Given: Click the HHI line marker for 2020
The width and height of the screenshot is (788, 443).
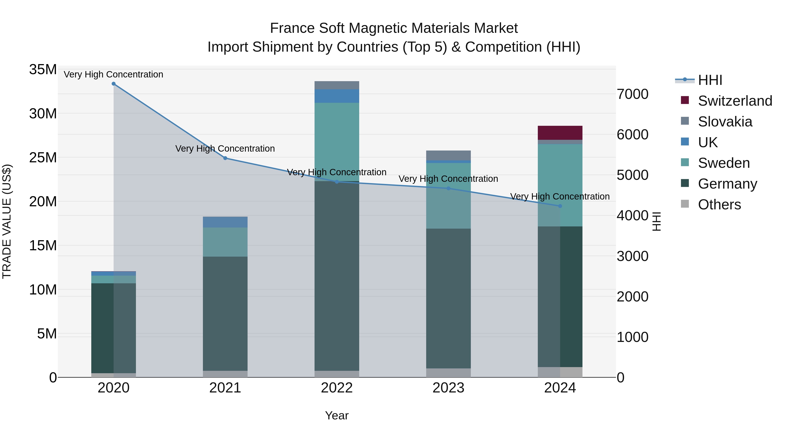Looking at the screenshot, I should point(113,84).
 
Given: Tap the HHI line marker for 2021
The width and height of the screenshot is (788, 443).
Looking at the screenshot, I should point(225,158).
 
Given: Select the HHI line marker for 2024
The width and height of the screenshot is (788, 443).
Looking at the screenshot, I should point(560,206).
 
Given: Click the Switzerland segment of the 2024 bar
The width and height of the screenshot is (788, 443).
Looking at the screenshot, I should point(560,133).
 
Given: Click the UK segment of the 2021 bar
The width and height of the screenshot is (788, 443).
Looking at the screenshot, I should point(225,222).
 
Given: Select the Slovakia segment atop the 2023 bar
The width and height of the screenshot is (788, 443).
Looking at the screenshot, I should point(449,155).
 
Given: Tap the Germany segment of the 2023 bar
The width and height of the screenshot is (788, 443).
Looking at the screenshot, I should point(449,298).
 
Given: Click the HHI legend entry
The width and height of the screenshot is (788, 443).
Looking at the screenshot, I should point(710,80).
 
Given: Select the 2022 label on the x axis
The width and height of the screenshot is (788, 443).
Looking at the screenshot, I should point(337,388).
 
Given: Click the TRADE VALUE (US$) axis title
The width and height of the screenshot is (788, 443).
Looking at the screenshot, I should point(7,221).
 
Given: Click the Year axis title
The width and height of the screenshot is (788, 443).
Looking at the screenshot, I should point(337,415).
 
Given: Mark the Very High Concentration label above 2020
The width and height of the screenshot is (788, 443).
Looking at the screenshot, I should point(113,74).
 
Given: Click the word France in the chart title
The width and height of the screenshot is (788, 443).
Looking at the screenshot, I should point(292,28).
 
